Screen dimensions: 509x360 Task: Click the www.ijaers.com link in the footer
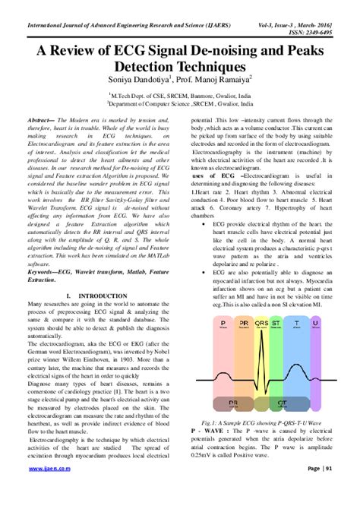click(x=46, y=491)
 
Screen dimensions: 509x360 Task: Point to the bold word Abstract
click(x=43, y=121)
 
